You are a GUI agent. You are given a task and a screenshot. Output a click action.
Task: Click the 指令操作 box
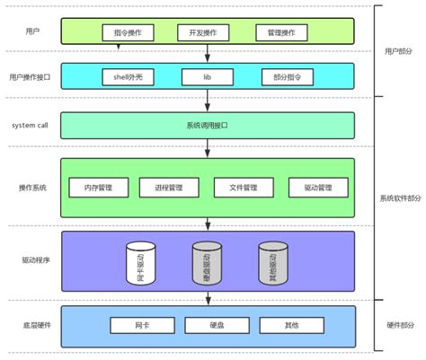pos(133,32)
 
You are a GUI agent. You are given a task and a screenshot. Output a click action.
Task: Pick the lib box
pos(207,76)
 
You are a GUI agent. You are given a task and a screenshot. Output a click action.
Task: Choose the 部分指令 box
pos(281,76)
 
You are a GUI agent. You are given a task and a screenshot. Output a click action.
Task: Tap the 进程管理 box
pos(169,188)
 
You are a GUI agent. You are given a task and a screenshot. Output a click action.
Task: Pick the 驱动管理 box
pos(317,188)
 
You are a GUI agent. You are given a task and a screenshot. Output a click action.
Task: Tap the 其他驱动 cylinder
pos(271,261)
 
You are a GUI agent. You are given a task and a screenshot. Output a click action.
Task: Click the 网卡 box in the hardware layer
pos(140,324)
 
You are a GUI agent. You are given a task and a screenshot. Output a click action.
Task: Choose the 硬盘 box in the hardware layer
pos(215,324)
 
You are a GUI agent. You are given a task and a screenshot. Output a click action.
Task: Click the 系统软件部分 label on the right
pos(399,198)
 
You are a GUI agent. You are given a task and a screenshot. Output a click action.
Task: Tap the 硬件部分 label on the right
pos(399,324)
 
